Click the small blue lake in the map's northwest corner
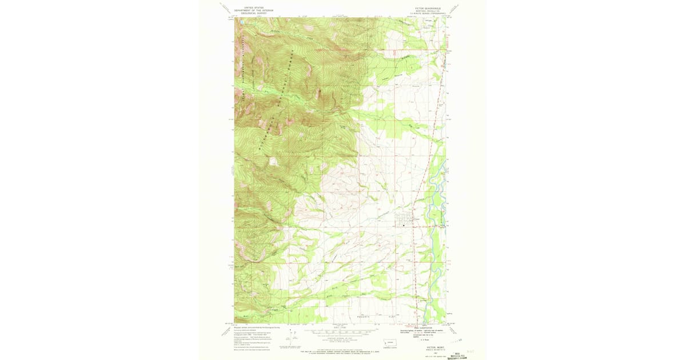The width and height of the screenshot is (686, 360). [241, 23]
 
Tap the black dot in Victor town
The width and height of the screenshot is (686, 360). [404, 225]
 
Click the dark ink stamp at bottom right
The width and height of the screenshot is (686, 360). [457, 355]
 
